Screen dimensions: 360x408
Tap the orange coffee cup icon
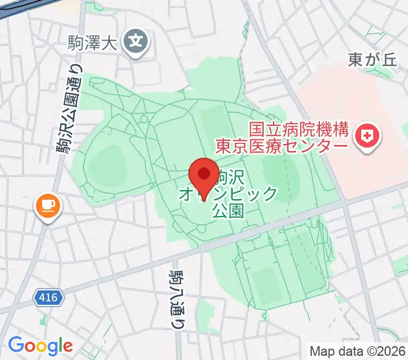[x=48, y=206]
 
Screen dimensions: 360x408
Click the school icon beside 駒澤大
[x=136, y=41]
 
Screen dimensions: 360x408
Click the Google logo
[x=40, y=345]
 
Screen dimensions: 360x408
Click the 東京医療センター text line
[x=281, y=146]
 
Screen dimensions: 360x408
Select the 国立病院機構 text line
[x=299, y=128]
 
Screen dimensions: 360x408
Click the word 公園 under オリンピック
[x=229, y=210]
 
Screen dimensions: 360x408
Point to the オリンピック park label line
[x=228, y=193]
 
